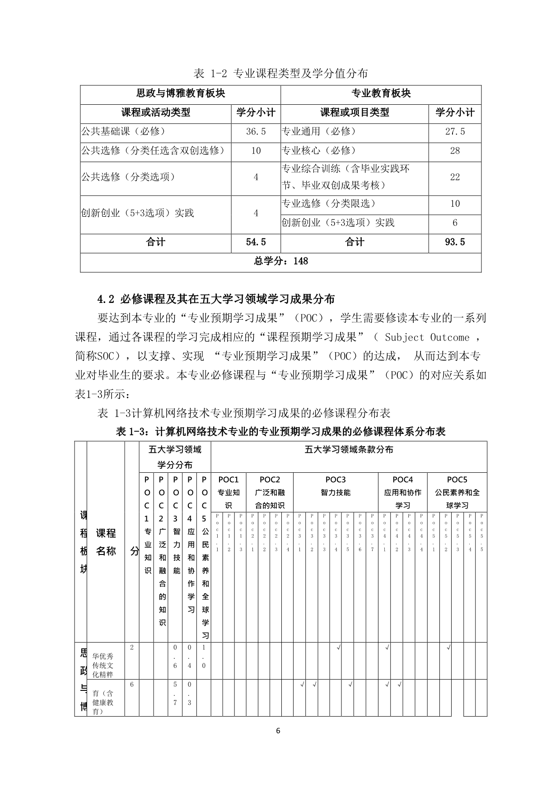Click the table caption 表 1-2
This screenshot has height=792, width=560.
coord(280,73)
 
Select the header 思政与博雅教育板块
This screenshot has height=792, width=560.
coord(180,93)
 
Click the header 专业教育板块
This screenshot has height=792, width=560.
coord(381,93)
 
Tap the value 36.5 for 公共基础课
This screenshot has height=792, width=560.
coord(256,132)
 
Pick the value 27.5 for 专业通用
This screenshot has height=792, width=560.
coord(454,132)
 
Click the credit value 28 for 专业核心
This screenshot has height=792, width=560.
coord(454,151)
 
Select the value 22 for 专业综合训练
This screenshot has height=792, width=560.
coord(454,177)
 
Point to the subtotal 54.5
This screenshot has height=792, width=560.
coord(256,242)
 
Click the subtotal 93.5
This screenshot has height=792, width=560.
coord(454,242)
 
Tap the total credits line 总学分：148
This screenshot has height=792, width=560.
coord(280,261)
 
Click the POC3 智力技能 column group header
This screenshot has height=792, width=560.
coord(335,486)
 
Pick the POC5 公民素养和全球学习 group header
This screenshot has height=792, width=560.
coord(457,492)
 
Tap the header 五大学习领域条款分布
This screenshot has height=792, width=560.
coord(349,450)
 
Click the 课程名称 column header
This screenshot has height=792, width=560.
coord(106,542)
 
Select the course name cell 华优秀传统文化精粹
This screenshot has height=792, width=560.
coord(103,665)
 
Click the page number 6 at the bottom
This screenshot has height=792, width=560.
coord(278,731)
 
